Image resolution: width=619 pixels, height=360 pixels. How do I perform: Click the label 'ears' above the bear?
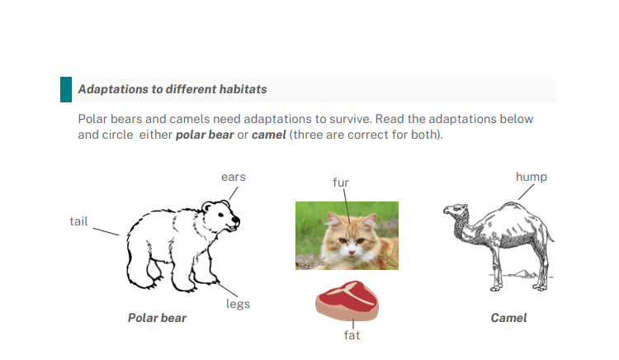(x=234, y=177)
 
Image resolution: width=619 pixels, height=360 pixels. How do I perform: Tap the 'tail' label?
(x=78, y=221)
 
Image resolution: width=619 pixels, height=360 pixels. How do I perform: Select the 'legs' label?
(x=238, y=304)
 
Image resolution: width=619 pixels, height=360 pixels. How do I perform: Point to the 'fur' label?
(x=341, y=182)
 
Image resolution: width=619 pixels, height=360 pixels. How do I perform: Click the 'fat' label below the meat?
(x=352, y=335)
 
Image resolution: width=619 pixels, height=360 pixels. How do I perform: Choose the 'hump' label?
(x=532, y=177)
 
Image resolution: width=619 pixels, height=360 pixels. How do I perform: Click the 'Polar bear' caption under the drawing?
(x=157, y=318)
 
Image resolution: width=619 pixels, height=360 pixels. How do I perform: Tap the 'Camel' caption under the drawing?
(x=509, y=318)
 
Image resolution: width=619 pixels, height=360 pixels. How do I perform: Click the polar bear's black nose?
(x=236, y=220)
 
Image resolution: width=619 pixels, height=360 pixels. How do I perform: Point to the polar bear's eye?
(x=220, y=215)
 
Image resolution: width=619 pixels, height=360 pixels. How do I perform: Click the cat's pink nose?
(x=352, y=251)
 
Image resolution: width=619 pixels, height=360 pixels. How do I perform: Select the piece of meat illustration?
(x=347, y=301)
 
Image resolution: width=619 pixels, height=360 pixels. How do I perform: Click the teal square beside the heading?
(x=66, y=90)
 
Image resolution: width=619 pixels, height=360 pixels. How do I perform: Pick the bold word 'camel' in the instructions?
(x=269, y=135)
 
